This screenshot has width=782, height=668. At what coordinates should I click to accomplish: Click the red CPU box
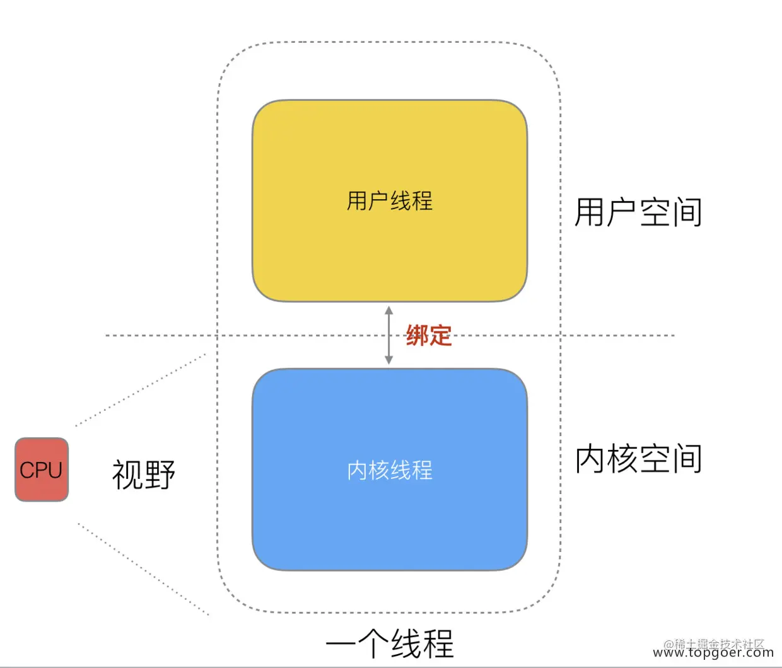42,469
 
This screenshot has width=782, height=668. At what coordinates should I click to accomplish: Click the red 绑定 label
429,335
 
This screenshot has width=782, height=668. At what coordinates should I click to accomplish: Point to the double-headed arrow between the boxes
388,335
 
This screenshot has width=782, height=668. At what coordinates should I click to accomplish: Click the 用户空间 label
638,212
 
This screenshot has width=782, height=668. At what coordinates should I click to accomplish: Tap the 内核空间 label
638,458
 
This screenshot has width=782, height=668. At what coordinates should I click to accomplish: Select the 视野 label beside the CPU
144,474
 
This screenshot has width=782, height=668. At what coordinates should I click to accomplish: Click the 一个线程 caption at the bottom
390,643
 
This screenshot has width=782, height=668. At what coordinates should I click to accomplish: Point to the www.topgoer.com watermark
713,654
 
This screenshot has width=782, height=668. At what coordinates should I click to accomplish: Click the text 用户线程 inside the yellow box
390,201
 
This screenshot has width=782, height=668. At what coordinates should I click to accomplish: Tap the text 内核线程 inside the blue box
390,470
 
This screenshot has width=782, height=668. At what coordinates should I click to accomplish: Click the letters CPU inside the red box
41,470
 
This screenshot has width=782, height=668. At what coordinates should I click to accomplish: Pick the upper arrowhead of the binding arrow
388,310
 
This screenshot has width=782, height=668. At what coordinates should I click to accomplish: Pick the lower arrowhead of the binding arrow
388,360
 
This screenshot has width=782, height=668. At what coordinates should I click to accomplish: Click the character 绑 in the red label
417,335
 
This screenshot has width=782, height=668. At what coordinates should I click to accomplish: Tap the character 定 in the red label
440,335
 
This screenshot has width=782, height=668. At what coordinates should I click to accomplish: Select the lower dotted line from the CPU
144,569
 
